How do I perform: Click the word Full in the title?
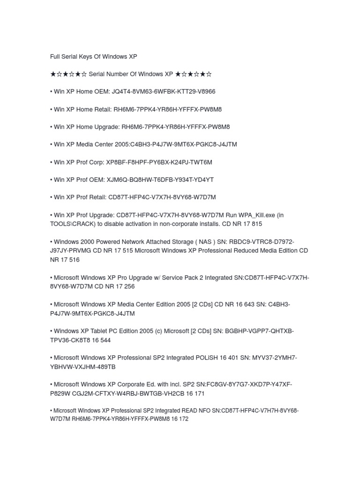click(56, 56)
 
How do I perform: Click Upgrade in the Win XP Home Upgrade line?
click(106, 127)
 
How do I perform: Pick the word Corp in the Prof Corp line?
click(94, 162)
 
